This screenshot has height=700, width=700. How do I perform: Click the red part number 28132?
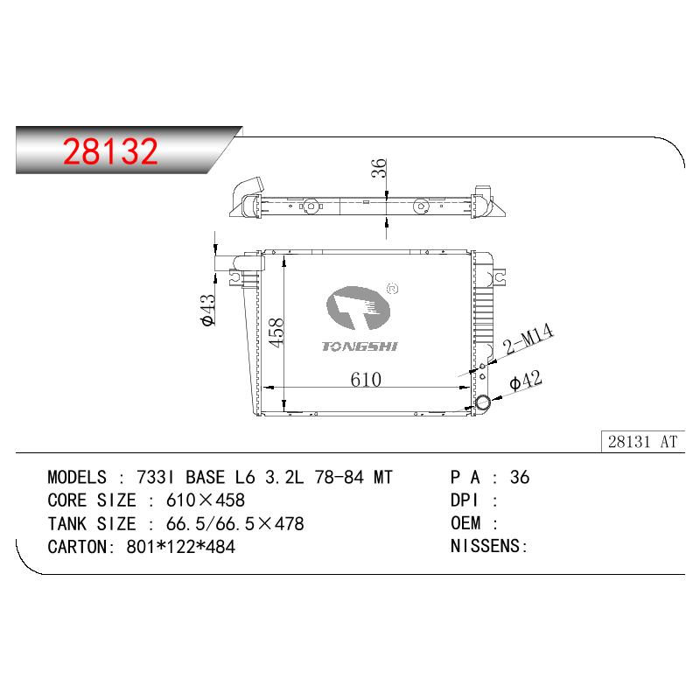point(110,151)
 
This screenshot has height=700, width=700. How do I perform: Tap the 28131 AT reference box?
point(642,442)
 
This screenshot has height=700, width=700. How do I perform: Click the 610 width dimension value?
point(366,380)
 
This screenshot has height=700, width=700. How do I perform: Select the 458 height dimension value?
point(276,332)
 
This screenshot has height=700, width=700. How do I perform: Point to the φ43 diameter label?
point(208,310)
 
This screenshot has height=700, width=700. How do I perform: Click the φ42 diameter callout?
point(526,381)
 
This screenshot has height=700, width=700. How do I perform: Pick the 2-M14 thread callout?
point(528,339)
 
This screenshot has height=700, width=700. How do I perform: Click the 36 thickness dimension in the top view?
point(379,168)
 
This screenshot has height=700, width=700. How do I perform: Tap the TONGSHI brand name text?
point(360,346)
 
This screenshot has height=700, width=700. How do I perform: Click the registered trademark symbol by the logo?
point(392,289)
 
